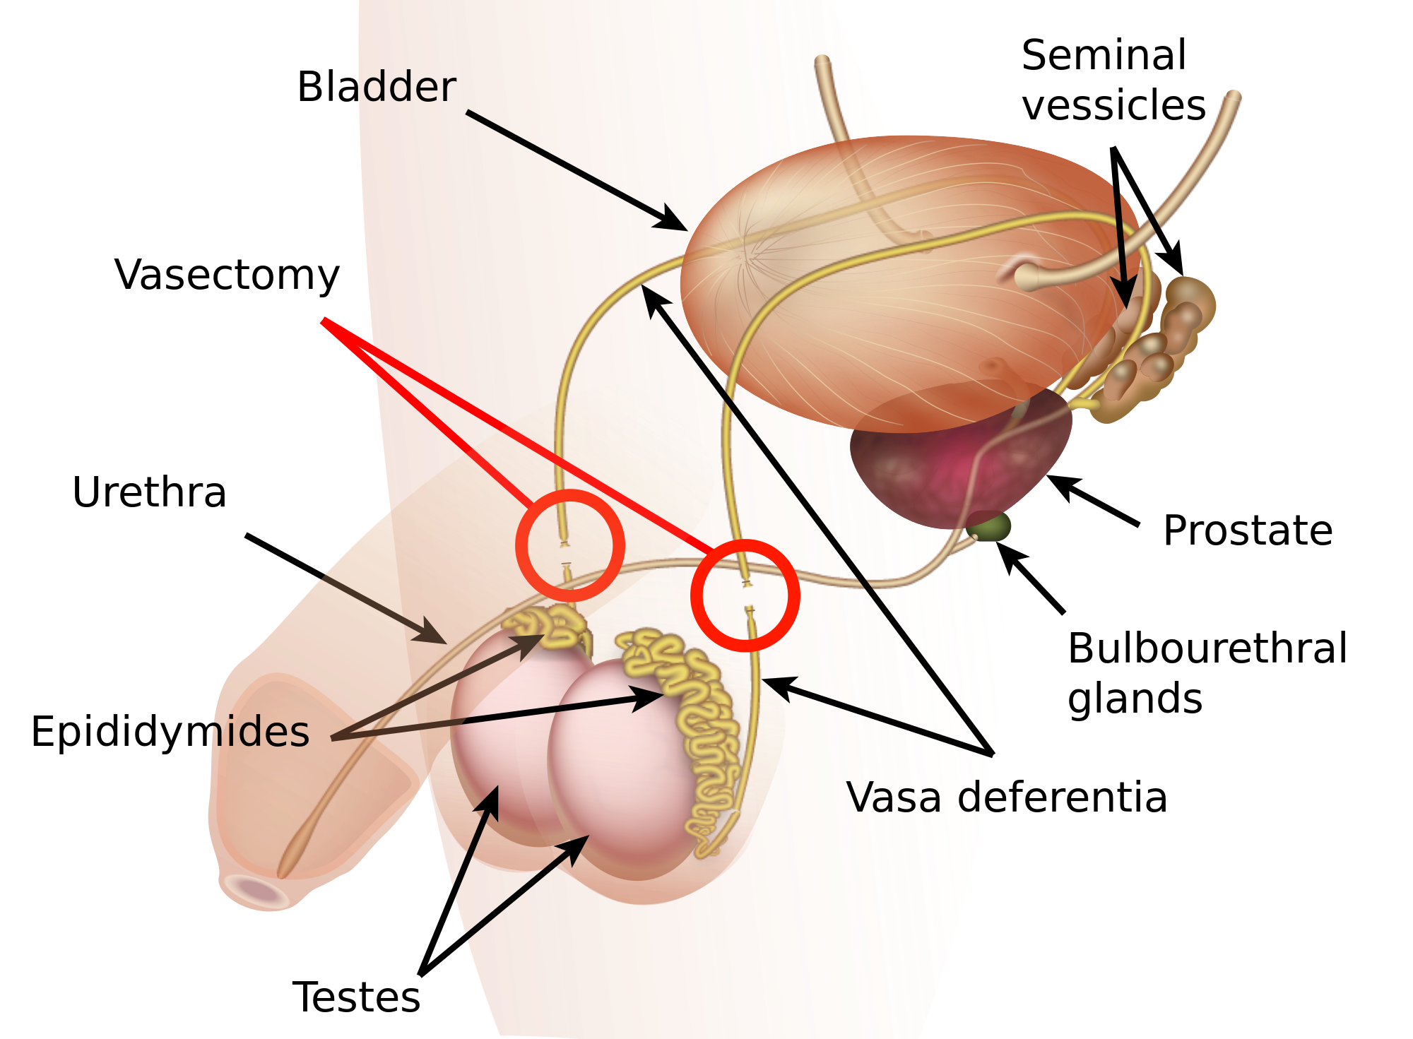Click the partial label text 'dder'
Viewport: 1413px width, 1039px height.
pos(408,88)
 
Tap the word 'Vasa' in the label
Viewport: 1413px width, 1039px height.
pos(893,798)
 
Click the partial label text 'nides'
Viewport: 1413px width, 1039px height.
pos(260,732)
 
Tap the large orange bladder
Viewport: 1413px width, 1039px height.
pos(890,283)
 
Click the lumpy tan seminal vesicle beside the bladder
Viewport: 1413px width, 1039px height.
pos(1159,346)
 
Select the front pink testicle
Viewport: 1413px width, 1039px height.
pos(622,770)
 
